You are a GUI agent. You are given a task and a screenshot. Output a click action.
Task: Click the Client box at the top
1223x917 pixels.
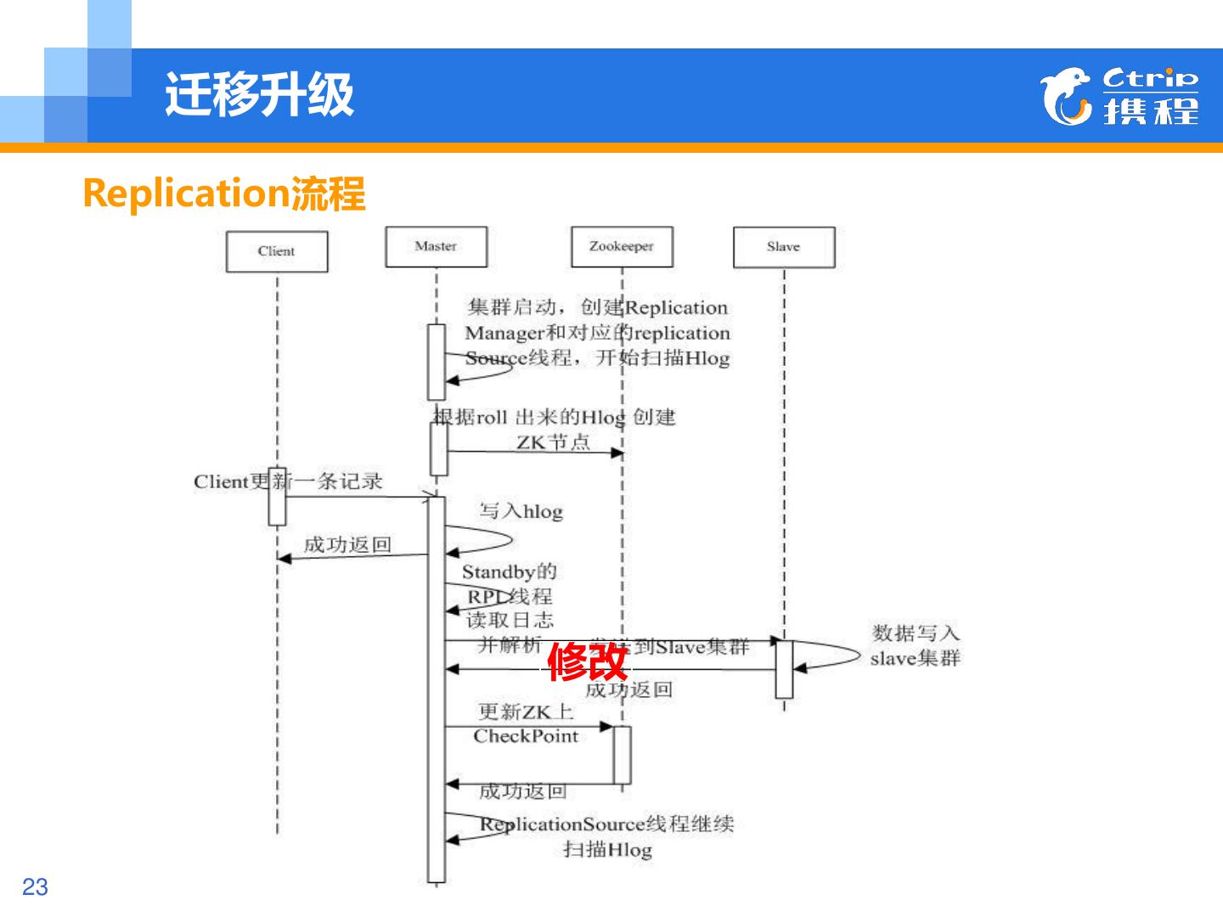click(x=277, y=251)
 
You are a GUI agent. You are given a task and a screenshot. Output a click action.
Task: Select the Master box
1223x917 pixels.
click(x=436, y=246)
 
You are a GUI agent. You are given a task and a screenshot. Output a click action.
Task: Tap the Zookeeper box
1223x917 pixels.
click(x=622, y=246)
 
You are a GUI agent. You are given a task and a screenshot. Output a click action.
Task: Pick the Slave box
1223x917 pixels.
click(x=783, y=246)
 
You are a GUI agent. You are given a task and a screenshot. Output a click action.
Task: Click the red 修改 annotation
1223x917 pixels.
click(x=587, y=662)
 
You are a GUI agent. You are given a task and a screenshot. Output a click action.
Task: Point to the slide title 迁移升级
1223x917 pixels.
click(x=259, y=93)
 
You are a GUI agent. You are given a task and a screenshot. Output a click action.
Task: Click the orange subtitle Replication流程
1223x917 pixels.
click(x=224, y=194)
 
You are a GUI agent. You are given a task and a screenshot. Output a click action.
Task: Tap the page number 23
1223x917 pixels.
click(x=35, y=887)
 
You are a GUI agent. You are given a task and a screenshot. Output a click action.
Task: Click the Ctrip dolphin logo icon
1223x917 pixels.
click(x=1066, y=96)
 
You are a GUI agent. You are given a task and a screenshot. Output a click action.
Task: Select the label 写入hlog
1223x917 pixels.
click(x=521, y=511)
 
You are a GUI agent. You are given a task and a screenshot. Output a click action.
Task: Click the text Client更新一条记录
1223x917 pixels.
click(x=288, y=481)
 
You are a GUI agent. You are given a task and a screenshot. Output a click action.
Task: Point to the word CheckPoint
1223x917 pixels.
click(x=526, y=736)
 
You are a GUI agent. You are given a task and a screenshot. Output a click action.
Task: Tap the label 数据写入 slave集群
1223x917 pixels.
click(x=915, y=645)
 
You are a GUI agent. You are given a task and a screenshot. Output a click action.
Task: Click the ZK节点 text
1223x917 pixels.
click(x=553, y=442)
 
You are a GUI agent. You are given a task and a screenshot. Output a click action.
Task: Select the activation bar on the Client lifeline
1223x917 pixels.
click(x=277, y=497)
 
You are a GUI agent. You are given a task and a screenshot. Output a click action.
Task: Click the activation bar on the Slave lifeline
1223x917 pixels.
click(x=784, y=669)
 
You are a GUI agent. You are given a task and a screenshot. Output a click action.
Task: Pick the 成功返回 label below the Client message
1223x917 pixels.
click(x=347, y=544)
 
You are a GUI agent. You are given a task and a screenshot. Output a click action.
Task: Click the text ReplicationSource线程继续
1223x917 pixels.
click(x=606, y=824)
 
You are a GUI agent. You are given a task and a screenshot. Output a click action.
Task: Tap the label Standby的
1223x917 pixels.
click(x=509, y=571)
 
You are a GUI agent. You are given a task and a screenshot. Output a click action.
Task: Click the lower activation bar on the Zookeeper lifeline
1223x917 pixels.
click(x=622, y=755)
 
